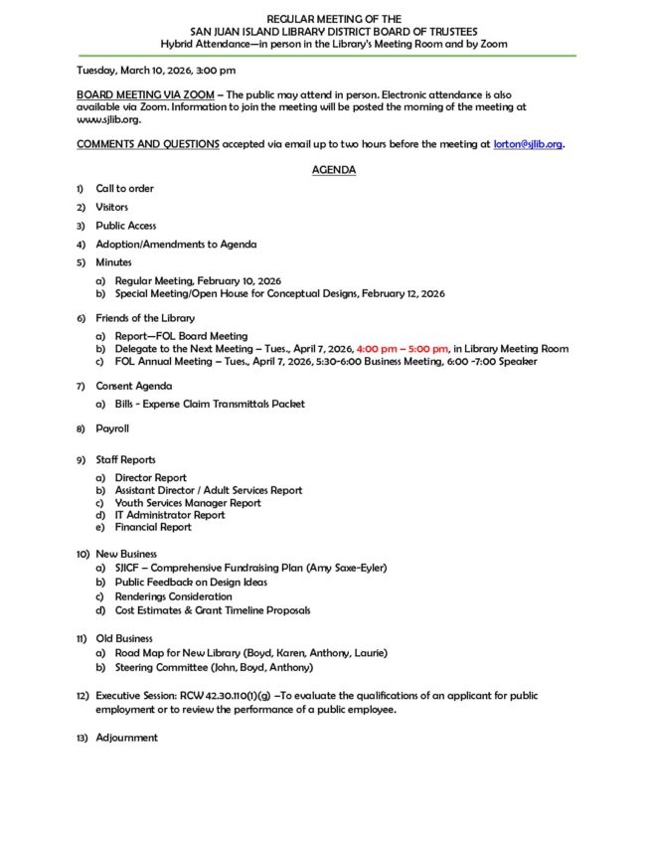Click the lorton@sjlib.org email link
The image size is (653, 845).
[528, 144]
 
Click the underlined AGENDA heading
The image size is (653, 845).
[334, 170]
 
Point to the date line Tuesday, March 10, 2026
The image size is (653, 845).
[156, 70]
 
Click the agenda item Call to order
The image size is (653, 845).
[124, 188]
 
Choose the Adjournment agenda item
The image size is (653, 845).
[126, 738]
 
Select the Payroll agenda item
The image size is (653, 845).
[112, 428]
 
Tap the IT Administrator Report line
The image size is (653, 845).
[169, 515]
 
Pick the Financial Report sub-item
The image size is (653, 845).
[153, 527]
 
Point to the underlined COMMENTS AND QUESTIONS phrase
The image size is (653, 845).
[148, 144]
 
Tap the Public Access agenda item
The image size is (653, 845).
[125, 226]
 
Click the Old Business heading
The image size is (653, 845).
[124, 638]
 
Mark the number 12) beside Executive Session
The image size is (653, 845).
[83, 696]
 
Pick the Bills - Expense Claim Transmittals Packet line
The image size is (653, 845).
[210, 404]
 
